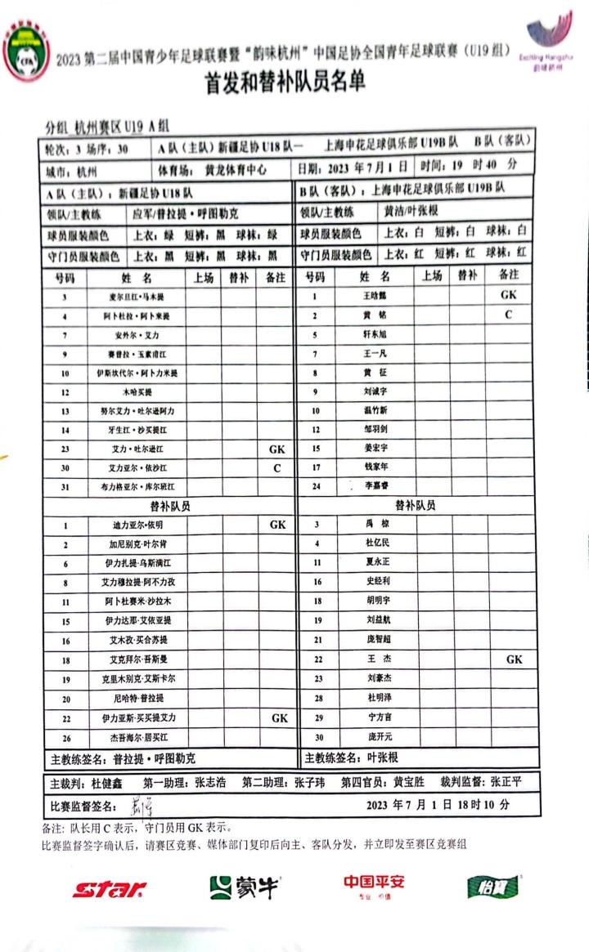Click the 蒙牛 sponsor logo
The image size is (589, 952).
pyautogui.click(x=243, y=887)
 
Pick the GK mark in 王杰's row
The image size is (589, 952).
pyautogui.click(x=513, y=659)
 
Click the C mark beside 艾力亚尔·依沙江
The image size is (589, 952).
pyautogui.click(x=277, y=468)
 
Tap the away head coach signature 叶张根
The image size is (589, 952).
pyautogui.click(x=382, y=758)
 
